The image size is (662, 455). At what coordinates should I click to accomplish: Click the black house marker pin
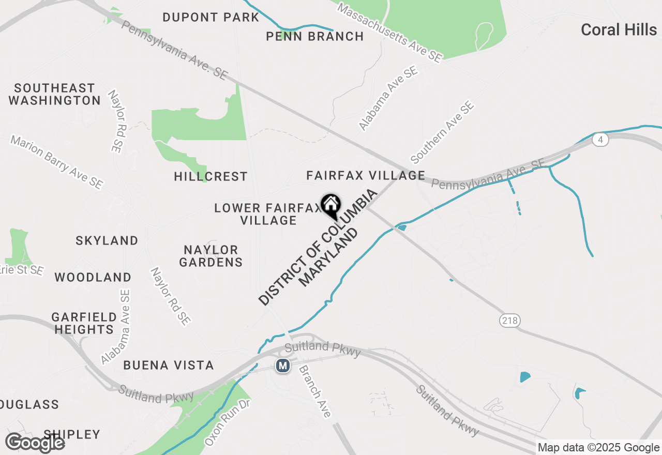pos(330,205)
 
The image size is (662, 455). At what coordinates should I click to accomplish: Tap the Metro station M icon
pos(282,366)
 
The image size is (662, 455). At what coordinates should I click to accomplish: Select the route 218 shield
pos(509,321)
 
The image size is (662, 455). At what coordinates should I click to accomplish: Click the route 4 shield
pos(600,140)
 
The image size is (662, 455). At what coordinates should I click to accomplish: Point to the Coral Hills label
pos(619,30)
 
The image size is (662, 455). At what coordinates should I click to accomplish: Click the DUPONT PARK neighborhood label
pos(210,17)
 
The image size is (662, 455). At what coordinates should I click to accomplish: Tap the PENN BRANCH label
pos(314,36)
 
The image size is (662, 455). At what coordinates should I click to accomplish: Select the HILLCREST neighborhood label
pos(210,177)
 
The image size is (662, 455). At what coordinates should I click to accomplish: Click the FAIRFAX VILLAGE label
pos(366,176)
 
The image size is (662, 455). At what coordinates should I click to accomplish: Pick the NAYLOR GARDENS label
pos(211,256)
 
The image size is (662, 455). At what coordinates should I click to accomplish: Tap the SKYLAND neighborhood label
pos(107,240)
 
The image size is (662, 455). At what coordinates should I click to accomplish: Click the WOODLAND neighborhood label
pos(93,277)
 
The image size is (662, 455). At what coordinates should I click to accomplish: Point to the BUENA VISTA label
pos(169,366)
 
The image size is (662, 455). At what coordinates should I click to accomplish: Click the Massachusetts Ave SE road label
pos(390,33)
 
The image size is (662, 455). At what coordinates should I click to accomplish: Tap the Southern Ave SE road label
pos(442,132)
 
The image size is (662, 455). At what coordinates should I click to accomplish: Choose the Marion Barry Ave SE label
pos(57,162)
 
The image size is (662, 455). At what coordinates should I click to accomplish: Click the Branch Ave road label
pos(314,391)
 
